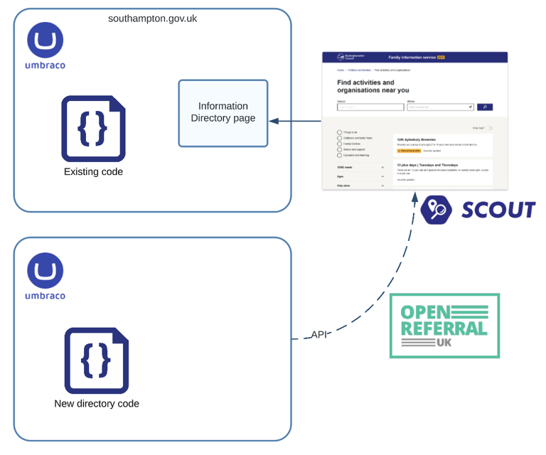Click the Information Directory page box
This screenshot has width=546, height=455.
pos(223,113)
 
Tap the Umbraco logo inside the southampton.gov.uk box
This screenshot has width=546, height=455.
pos(45,40)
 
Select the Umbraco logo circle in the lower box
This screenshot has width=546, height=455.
pos(45,271)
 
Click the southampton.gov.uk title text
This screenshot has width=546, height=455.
pos(152,18)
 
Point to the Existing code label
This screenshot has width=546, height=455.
pos(93,172)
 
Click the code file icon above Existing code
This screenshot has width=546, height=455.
pos(93,128)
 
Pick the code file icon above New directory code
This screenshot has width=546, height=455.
pos(97,360)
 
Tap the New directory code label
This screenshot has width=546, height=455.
pos(97,404)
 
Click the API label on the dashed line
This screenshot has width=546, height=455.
pos(319,334)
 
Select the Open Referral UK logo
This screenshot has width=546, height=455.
pos(444,326)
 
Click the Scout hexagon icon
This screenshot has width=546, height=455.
pos(435,210)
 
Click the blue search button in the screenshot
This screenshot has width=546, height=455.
pos(483,107)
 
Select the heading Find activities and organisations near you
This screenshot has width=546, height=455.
pos(373,87)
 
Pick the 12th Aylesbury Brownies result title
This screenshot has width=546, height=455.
pos(416,139)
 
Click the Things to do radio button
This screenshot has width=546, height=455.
pos(340,132)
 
